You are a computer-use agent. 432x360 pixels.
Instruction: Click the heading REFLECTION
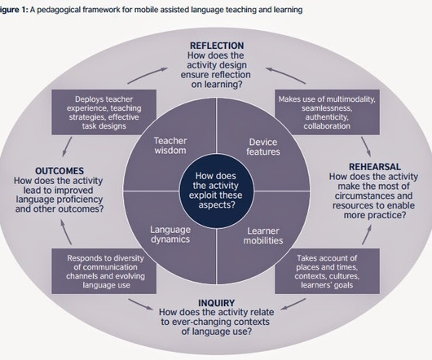217,46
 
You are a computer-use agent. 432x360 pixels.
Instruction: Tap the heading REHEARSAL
375,166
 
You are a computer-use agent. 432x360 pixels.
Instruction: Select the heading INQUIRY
217,303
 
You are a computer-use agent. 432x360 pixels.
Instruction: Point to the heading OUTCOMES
60,171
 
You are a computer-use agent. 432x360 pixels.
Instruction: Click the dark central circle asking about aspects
216,191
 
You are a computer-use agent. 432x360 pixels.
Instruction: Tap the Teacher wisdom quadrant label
170,146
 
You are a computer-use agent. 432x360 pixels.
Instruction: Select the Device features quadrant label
263,147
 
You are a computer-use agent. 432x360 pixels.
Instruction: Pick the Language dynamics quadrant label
170,235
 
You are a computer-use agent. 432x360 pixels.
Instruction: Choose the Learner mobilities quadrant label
263,235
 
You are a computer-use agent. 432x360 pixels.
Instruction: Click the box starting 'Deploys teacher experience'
104,112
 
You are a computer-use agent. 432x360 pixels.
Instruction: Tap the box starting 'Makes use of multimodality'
327,112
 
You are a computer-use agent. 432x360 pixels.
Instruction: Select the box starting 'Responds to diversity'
104,271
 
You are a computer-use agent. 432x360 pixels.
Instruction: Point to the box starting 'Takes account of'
327,271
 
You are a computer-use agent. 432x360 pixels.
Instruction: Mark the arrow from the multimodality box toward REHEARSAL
366,147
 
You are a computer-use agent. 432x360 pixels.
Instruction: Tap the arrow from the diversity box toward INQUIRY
140,304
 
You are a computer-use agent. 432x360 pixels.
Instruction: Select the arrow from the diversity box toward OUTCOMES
65,232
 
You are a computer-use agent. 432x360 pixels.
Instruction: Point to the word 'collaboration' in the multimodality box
327,126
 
